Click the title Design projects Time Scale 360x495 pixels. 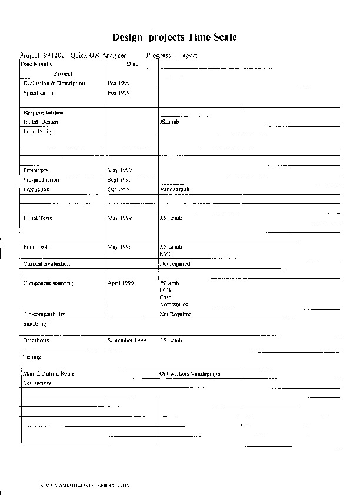[x=174, y=37]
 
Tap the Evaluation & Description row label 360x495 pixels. [x=54, y=83]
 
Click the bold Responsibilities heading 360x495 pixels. [x=43, y=112]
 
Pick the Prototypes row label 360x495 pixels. [x=36, y=170]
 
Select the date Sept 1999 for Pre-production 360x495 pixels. [x=119, y=180]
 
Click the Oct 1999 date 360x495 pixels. [x=118, y=190]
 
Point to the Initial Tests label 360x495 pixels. [x=38, y=218]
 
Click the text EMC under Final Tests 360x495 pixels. [x=165, y=253]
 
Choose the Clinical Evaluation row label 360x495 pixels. [x=46, y=264]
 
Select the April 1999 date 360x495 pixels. [x=121, y=283]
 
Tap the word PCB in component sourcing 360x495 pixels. [x=165, y=290]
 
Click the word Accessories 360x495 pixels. [x=174, y=305]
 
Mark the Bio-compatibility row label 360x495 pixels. [x=45, y=315]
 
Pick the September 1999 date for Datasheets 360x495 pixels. [x=126, y=340]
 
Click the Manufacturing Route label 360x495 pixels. [x=49, y=374]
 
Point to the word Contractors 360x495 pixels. [x=37, y=383]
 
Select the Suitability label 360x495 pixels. [x=35, y=324]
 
